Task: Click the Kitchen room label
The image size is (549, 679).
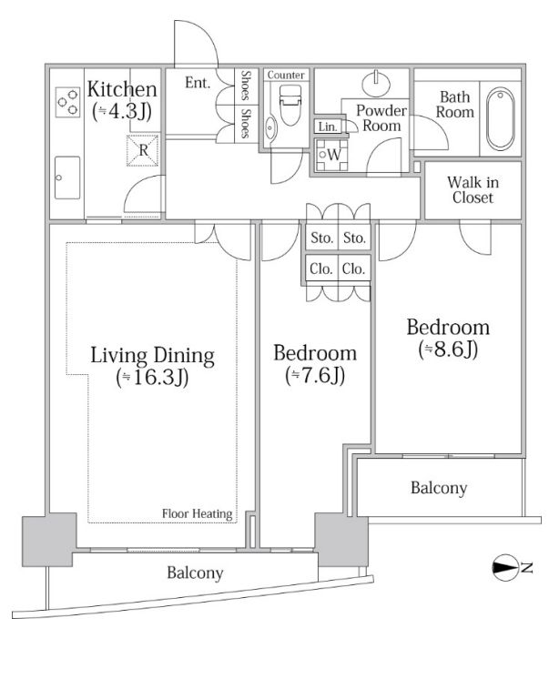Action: (122, 89)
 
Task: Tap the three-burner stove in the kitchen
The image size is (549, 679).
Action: (68, 102)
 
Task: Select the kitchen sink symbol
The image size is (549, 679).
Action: (67, 177)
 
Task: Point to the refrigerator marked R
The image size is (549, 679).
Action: (143, 150)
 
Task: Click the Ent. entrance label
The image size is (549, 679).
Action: (198, 82)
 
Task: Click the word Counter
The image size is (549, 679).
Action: (286, 75)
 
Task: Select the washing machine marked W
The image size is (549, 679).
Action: (332, 155)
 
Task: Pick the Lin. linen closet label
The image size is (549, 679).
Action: (328, 127)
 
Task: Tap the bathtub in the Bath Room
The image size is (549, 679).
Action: (500, 119)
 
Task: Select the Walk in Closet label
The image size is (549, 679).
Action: (473, 189)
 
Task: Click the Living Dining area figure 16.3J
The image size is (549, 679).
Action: (152, 378)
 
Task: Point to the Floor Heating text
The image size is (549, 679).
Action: (198, 513)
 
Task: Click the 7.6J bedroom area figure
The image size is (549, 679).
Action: (315, 376)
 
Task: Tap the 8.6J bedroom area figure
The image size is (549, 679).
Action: (448, 350)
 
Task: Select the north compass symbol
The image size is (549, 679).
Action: (505, 568)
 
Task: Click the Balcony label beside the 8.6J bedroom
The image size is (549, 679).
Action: (439, 488)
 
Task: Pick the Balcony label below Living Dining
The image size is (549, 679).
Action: (195, 573)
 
